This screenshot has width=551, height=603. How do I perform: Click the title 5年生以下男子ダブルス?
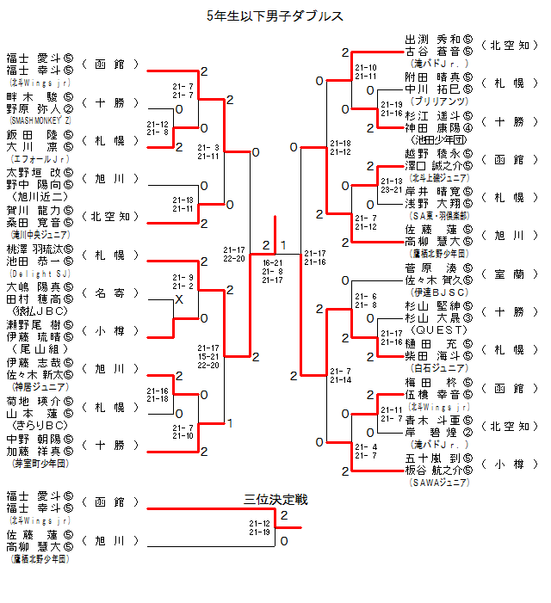point(275,15)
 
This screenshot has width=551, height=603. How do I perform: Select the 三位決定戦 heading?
point(275,500)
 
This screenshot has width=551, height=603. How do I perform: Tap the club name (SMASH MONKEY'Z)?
point(40,121)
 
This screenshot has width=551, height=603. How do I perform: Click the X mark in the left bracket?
point(179,298)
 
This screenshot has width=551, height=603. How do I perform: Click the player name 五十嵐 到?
point(432,458)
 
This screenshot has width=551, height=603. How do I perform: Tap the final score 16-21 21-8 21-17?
point(273,271)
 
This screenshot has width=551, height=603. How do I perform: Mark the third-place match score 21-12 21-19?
point(260,527)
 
